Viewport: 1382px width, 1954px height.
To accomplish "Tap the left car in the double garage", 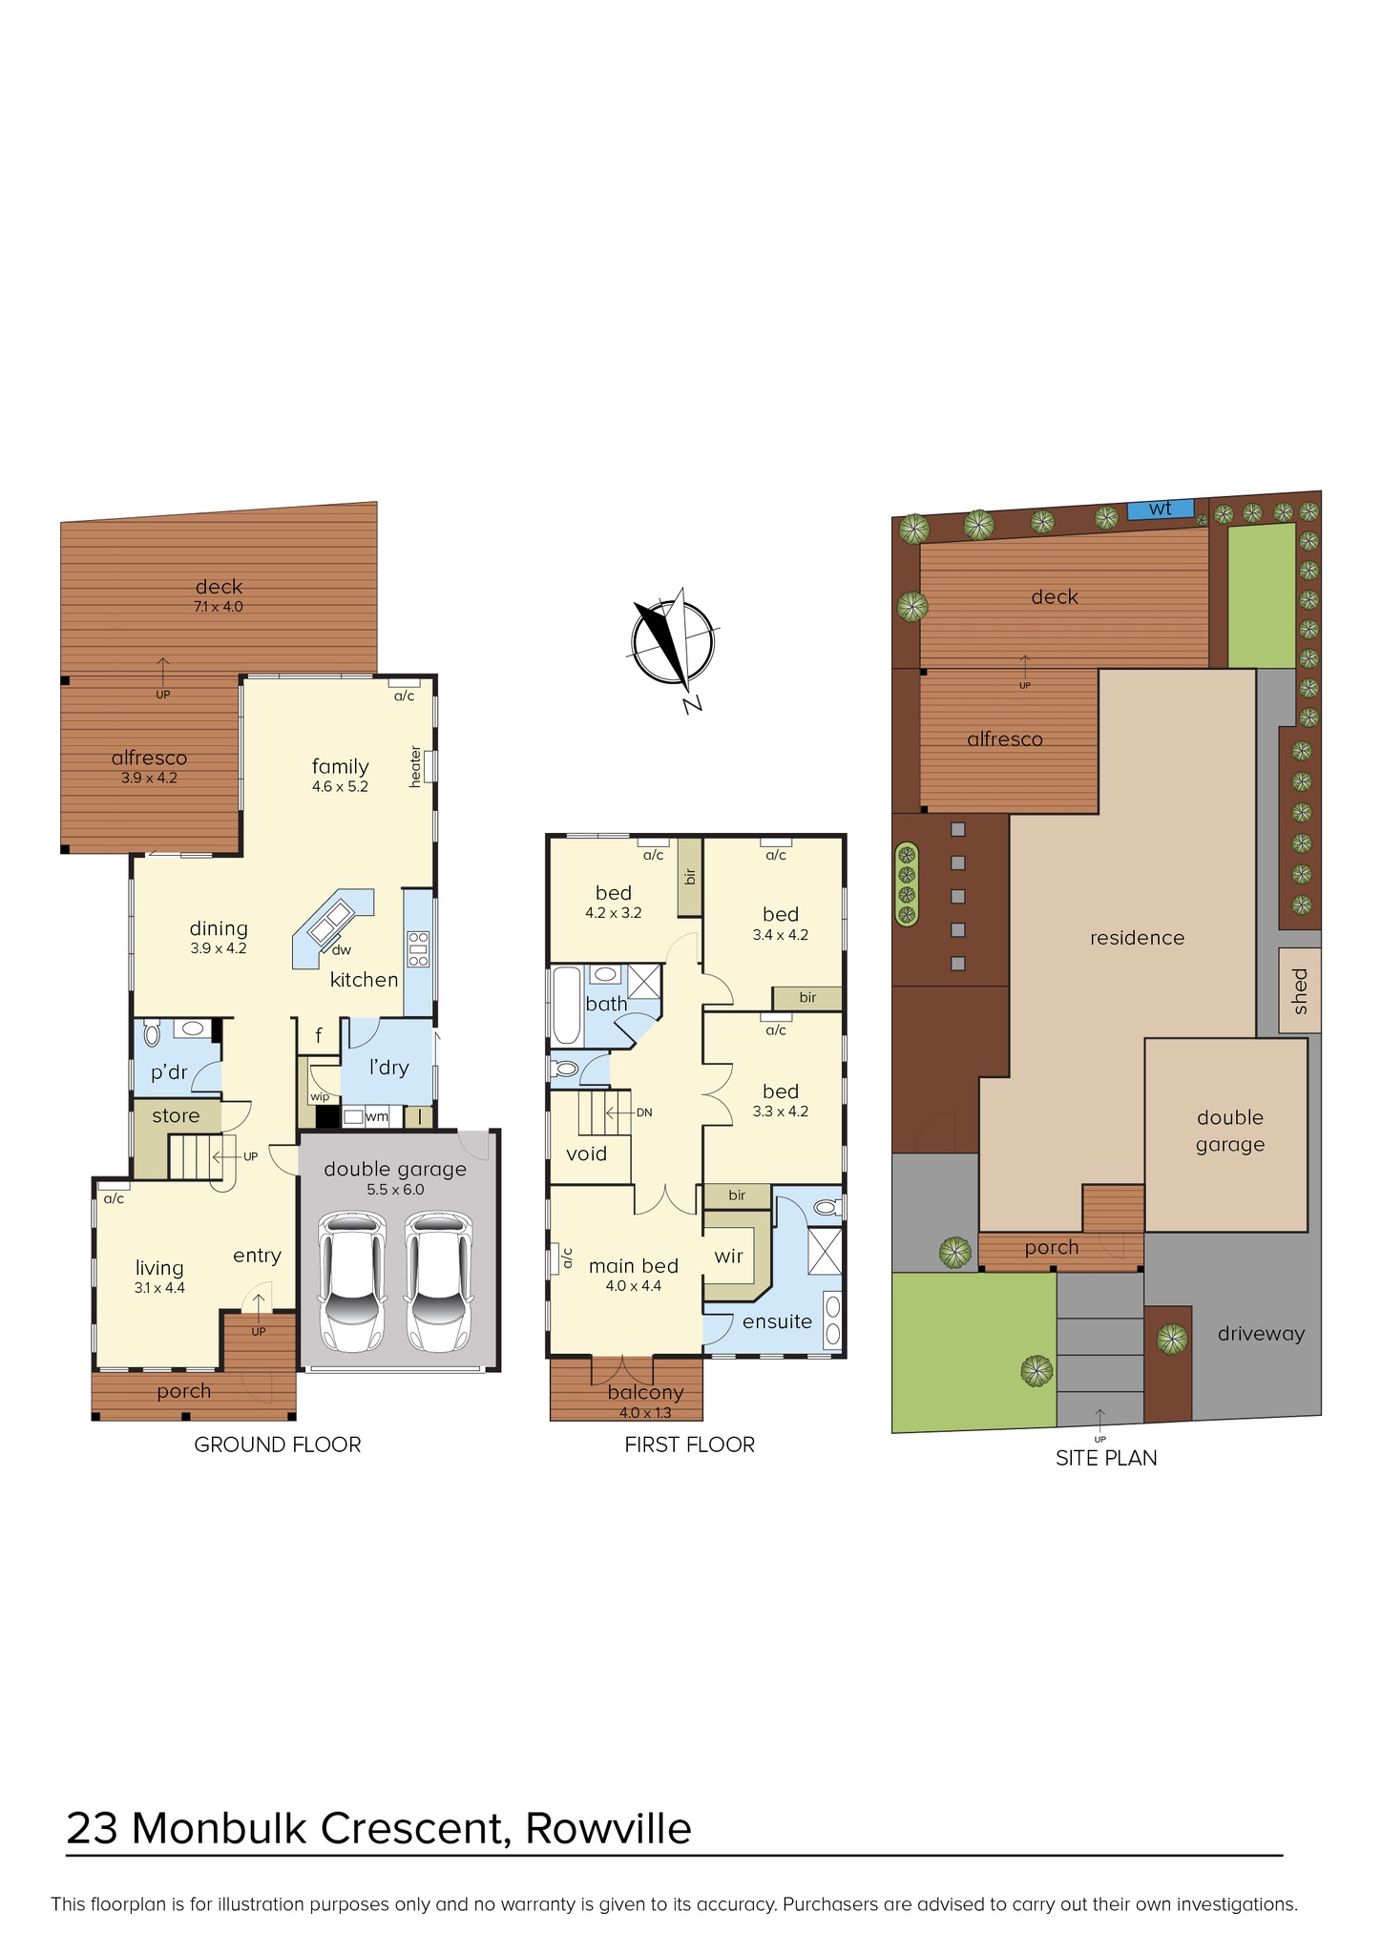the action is pyautogui.click(x=351, y=1281).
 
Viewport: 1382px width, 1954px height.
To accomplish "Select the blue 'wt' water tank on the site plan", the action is pyautogui.click(x=1161, y=509).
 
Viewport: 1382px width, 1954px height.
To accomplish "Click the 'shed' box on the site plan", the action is pyautogui.click(x=1300, y=990).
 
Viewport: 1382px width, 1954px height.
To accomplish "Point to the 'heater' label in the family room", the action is pyautogui.click(x=415, y=766).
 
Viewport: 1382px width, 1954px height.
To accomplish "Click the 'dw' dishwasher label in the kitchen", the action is pyautogui.click(x=342, y=949).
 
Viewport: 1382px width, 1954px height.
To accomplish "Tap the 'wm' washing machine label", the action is pyautogui.click(x=377, y=1115).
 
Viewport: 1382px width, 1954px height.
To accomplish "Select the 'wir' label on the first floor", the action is pyautogui.click(x=728, y=1256).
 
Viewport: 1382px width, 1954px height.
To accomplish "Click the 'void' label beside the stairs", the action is pyautogui.click(x=586, y=1154).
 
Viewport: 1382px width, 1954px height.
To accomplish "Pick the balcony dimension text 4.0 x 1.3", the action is pyautogui.click(x=645, y=1412).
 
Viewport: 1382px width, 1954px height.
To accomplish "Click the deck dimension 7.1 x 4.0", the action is pyautogui.click(x=219, y=607).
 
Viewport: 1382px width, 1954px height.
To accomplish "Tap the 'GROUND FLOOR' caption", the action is pyautogui.click(x=278, y=1445).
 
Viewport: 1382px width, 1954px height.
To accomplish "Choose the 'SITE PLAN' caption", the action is pyautogui.click(x=1106, y=1458).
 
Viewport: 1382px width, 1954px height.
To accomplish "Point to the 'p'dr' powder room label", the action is pyautogui.click(x=169, y=1072).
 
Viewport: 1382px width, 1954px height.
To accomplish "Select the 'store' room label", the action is pyautogui.click(x=176, y=1115).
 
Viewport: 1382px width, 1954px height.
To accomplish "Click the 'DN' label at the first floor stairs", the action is pyautogui.click(x=644, y=1112).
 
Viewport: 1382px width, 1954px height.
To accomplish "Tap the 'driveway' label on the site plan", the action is pyautogui.click(x=1261, y=1334).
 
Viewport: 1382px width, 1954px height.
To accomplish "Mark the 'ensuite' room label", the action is pyautogui.click(x=777, y=1321).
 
